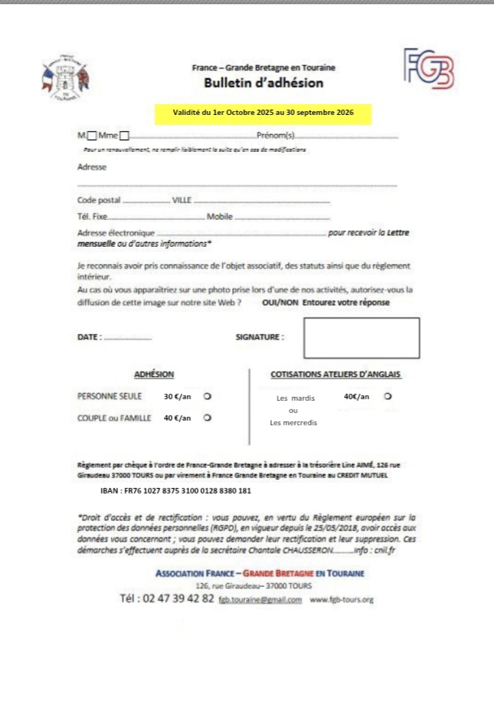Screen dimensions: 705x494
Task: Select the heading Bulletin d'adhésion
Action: coord(263,83)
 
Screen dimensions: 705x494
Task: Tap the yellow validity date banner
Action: coord(263,113)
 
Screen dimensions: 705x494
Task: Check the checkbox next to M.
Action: coord(92,136)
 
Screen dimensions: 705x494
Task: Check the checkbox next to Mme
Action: coord(124,136)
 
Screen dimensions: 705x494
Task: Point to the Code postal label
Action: coord(100,200)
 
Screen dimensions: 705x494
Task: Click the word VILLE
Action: coord(182,200)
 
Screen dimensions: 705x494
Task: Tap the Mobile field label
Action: coord(220,217)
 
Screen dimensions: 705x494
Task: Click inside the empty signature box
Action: coord(362,338)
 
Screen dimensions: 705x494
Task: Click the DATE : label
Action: coord(89,336)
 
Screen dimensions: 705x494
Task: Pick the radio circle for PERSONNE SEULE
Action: coord(207,397)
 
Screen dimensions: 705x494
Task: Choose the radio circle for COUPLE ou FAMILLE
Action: coord(207,418)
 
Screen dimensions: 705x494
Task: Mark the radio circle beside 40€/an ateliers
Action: coord(388,397)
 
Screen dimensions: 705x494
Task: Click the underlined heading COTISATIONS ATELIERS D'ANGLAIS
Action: coord(335,375)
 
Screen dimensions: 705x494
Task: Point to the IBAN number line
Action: coord(176,491)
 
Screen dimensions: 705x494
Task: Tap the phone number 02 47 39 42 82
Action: coord(167,598)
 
